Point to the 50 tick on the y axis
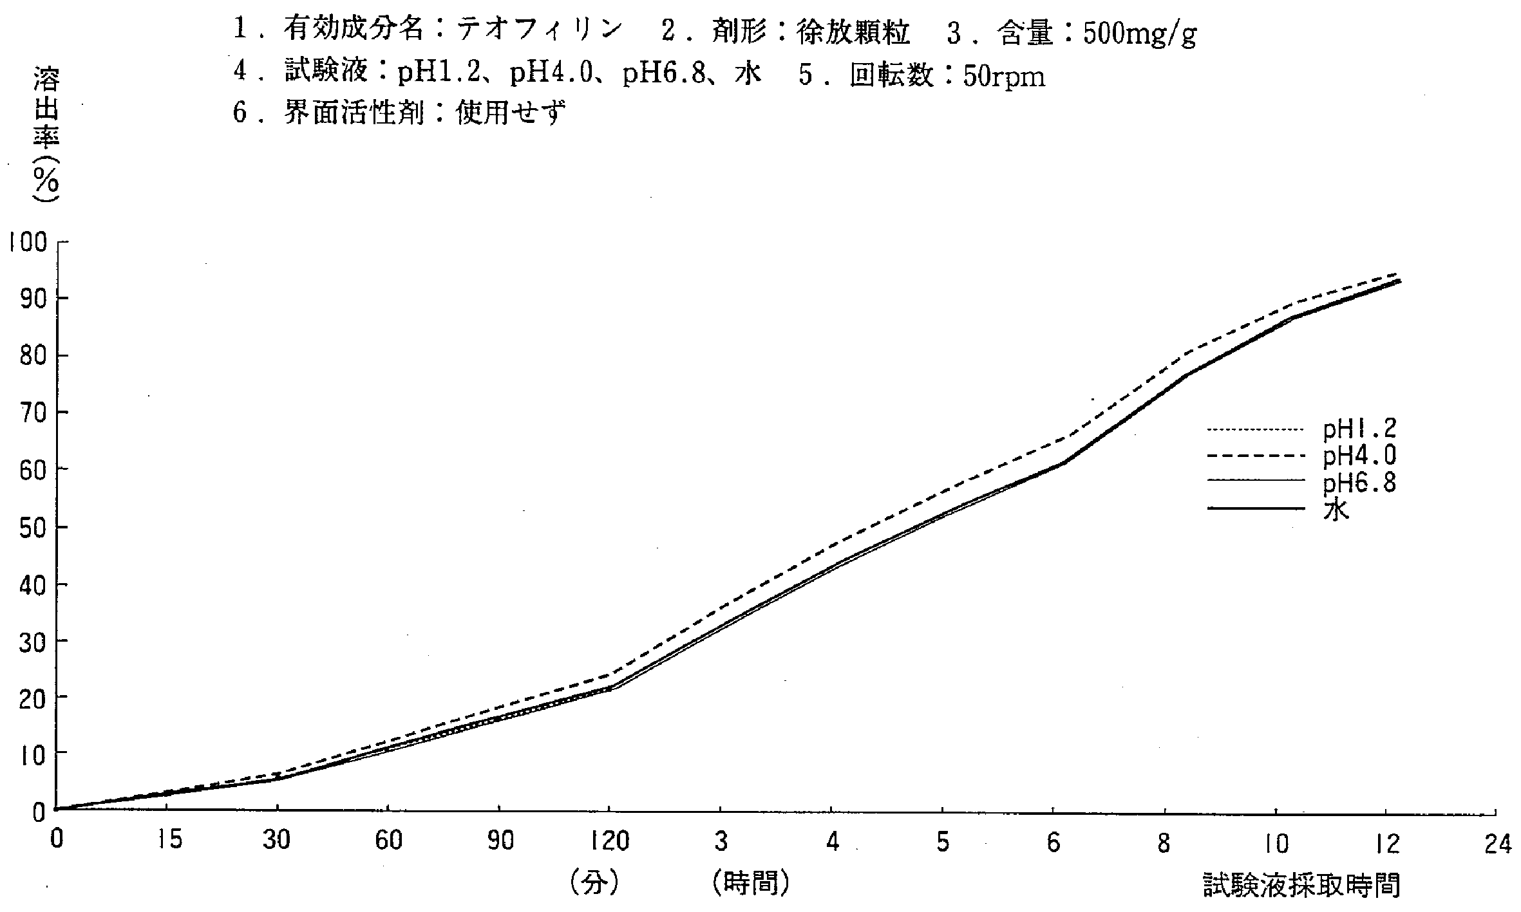tap(31, 526)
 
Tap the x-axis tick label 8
tap(1164, 842)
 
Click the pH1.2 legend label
tap(1359, 429)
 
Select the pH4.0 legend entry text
tap(1359, 456)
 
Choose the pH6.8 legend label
tap(1359, 482)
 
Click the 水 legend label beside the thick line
tap(1336, 509)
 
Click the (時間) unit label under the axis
tap(751, 884)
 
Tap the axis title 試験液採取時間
tap(1301, 886)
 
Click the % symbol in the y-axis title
tap(46, 183)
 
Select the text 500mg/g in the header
tap(1139, 33)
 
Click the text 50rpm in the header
tap(1004, 77)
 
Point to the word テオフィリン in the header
tap(540, 30)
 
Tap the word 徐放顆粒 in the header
tap(853, 32)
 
